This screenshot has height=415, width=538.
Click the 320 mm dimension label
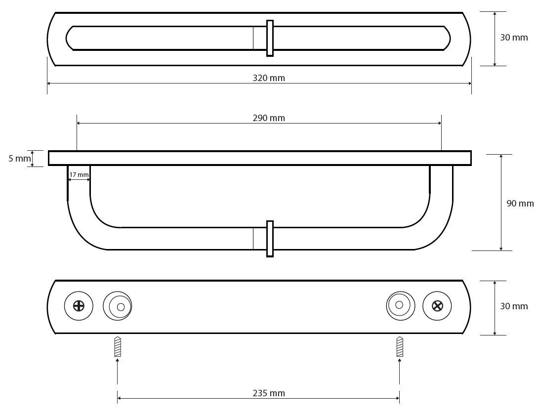click(x=269, y=78)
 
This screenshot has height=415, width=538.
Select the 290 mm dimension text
click(x=269, y=118)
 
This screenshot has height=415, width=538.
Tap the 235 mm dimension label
click(x=269, y=393)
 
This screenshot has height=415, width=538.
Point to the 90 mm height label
click(x=520, y=204)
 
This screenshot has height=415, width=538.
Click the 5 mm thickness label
click(x=20, y=158)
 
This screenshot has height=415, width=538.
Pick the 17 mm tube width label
click(x=79, y=175)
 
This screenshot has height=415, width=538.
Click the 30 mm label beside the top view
click(x=514, y=38)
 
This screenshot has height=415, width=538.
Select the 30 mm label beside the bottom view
click(x=514, y=306)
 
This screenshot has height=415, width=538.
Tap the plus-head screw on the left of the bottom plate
click(x=79, y=306)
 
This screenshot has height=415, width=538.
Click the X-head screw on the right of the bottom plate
click(x=437, y=306)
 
